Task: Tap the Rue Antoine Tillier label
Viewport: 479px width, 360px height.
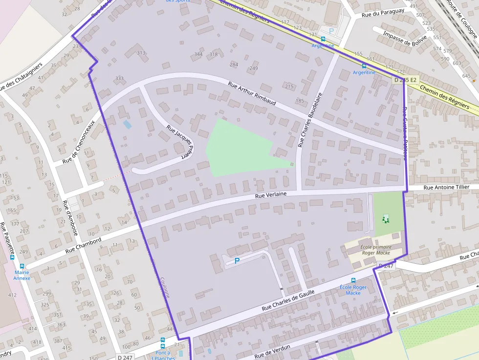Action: coord(446,187)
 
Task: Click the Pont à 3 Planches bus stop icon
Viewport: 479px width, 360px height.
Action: coord(163,340)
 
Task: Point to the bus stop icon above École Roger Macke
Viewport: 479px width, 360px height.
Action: coord(353,281)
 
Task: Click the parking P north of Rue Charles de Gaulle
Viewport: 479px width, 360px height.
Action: coord(237,261)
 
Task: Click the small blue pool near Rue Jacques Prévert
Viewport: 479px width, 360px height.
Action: coord(127,125)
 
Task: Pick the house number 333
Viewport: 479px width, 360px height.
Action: coord(119,78)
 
